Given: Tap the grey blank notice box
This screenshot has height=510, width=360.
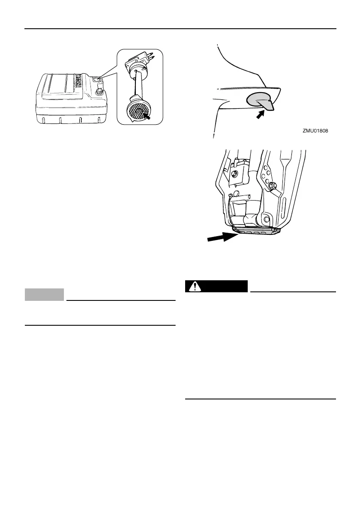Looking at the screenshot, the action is (45, 294).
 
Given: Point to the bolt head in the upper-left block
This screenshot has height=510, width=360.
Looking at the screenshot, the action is (234, 174).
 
